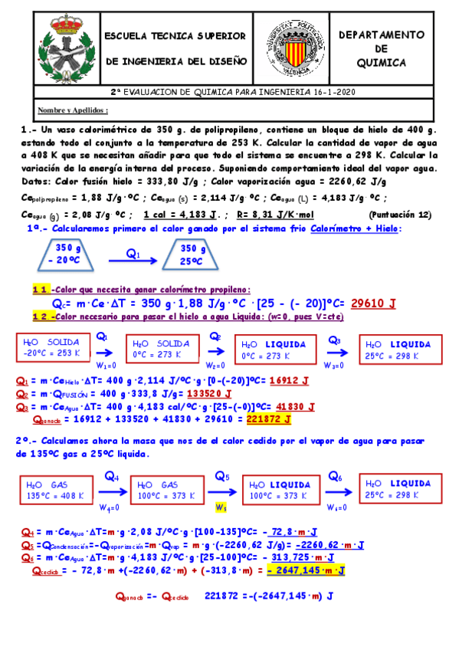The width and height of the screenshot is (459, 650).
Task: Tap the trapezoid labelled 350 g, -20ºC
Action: point(67,254)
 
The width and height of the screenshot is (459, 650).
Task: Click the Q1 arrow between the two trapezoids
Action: point(132,260)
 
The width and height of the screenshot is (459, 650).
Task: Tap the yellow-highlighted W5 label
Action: point(221,507)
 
